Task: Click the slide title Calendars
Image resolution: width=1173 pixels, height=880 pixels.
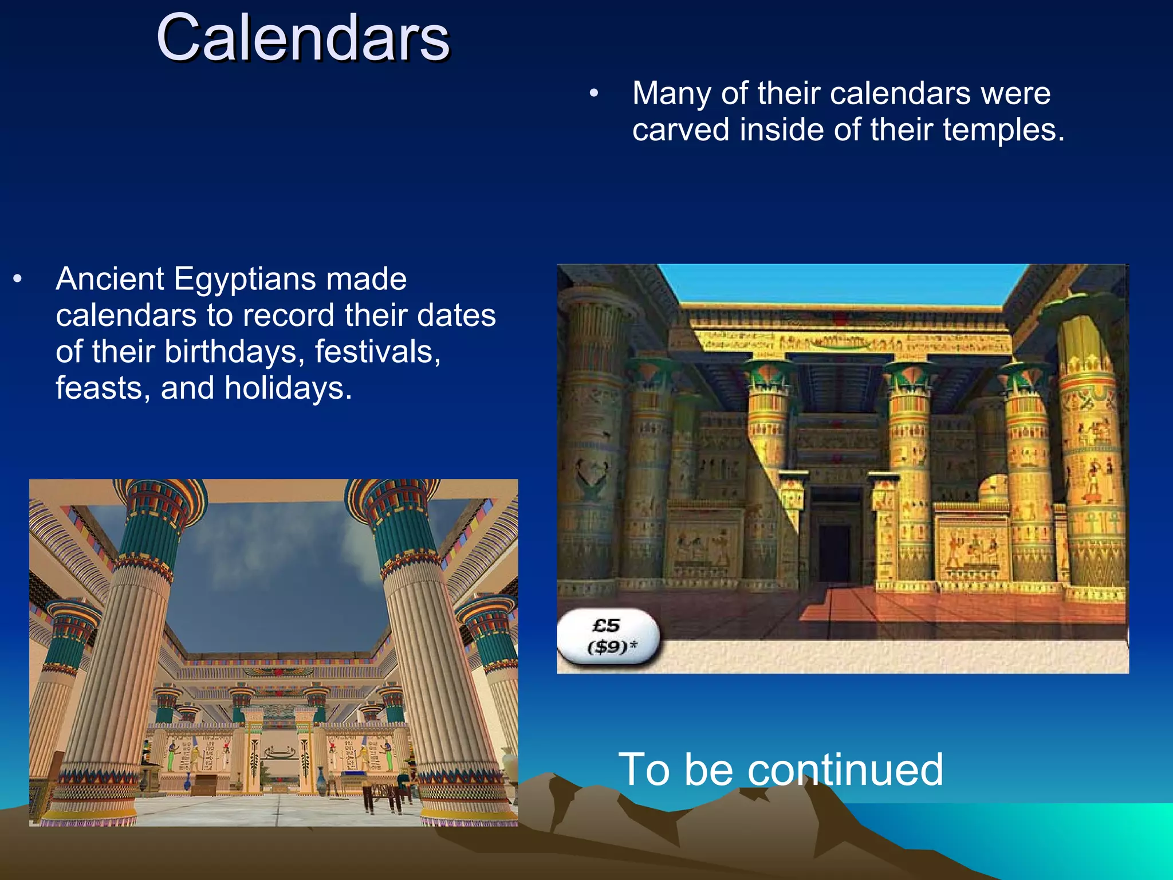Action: click(302, 38)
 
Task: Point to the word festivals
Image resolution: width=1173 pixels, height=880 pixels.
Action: click(377, 352)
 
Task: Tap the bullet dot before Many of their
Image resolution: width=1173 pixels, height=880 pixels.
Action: click(594, 93)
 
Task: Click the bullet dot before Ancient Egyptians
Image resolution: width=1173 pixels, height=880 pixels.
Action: click(18, 279)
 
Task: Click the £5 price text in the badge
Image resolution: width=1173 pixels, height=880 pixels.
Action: click(606, 625)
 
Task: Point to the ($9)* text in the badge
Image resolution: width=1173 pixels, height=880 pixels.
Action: click(612, 647)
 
